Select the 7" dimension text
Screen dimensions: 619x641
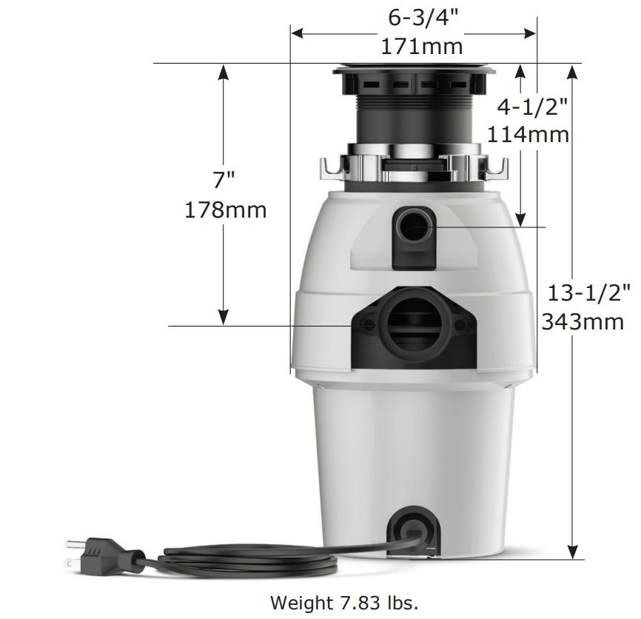pyautogui.click(x=224, y=180)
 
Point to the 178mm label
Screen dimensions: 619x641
pyautogui.click(x=225, y=210)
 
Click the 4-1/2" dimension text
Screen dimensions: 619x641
pyautogui.click(x=532, y=107)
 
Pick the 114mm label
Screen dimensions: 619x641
pyautogui.click(x=528, y=135)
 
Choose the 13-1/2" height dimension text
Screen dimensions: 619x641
pyautogui.click(x=589, y=292)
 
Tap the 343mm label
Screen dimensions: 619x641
pyautogui.click(x=583, y=321)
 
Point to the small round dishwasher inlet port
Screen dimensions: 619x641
pyautogui.click(x=413, y=223)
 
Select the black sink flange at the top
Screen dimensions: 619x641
pyautogui.click(x=414, y=72)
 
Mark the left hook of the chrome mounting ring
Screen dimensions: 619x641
pyautogui.click(x=329, y=169)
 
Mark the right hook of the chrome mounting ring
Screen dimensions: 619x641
pyautogui.click(x=497, y=169)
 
